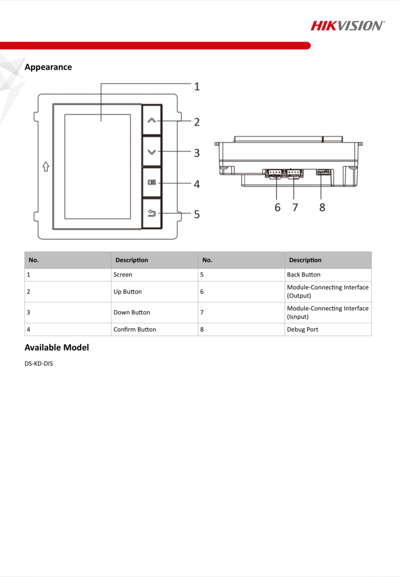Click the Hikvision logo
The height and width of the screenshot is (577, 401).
click(347, 26)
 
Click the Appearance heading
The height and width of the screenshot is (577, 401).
click(48, 67)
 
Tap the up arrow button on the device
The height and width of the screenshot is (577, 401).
click(152, 120)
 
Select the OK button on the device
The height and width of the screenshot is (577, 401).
click(152, 182)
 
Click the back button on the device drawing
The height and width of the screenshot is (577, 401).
click(152, 213)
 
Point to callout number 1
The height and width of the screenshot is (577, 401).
click(197, 86)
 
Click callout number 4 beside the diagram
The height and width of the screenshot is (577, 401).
click(197, 184)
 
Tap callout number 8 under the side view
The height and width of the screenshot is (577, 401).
click(322, 207)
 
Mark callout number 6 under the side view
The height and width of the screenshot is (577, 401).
click(278, 207)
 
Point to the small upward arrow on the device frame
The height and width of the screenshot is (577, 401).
click(46, 166)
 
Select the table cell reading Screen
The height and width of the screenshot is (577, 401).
click(123, 275)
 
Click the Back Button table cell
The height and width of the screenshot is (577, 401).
click(304, 275)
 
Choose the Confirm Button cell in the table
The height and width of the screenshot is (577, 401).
click(135, 330)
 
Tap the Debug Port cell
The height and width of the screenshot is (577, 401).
click(303, 330)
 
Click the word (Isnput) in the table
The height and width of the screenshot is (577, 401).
click(298, 317)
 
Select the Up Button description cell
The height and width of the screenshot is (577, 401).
click(127, 292)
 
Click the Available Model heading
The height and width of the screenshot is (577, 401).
click(57, 348)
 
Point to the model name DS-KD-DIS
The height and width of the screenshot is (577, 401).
click(39, 364)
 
